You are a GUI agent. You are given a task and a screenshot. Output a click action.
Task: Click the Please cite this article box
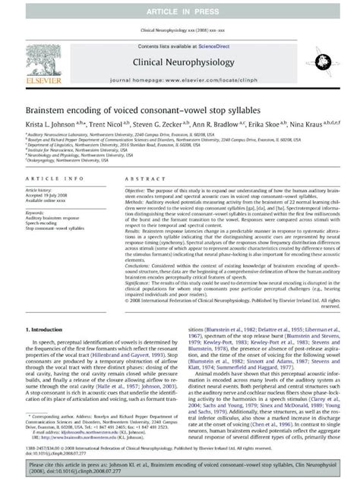point(180,465)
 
